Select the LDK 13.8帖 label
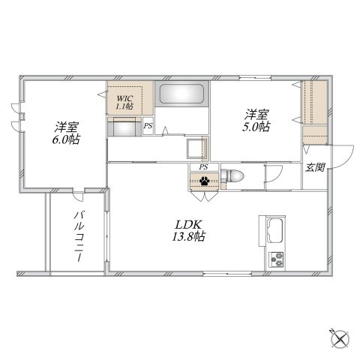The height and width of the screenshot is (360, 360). coord(190,230)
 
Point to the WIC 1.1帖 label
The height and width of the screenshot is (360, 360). coord(124,102)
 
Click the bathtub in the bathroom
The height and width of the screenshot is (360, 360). coord(182,96)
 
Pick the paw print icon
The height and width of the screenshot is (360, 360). coord(204,180)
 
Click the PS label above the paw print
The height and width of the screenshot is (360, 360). coord(203,166)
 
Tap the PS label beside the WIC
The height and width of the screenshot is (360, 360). coord(148,127)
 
